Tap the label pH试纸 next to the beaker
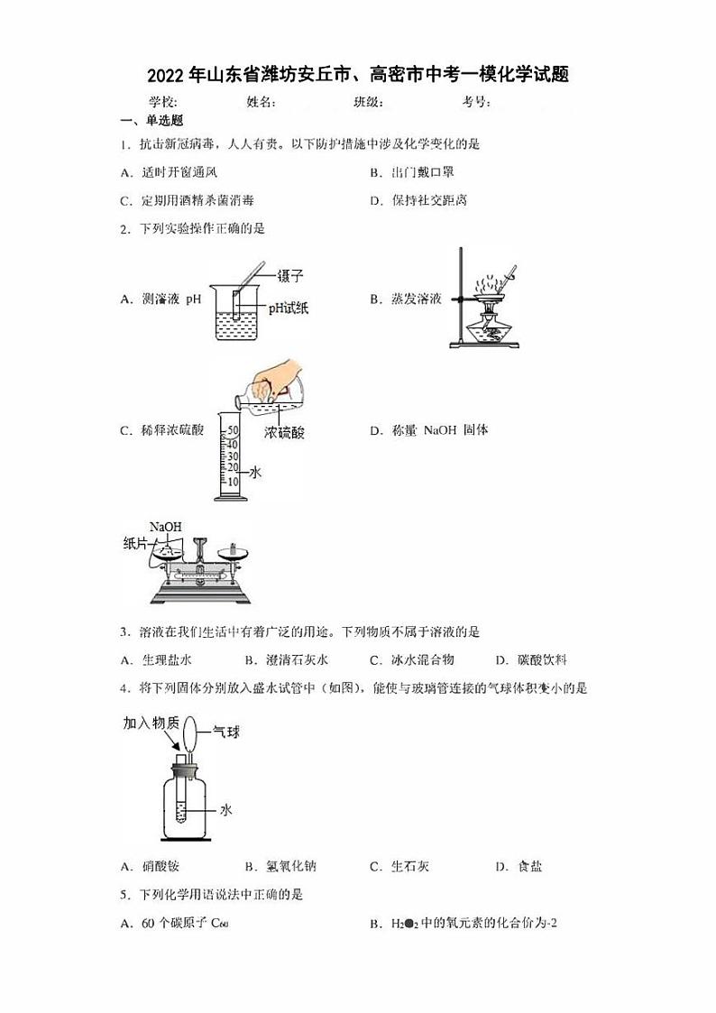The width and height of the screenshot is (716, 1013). [x=288, y=309]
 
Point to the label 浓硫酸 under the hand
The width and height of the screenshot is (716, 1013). [x=285, y=433]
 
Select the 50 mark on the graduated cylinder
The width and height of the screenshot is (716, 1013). [x=232, y=430]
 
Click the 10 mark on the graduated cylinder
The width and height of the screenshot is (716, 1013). [x=232, y=481]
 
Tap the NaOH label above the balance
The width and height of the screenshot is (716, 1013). [x=165, y=527]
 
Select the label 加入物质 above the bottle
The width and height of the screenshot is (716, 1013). [x=151, y=723]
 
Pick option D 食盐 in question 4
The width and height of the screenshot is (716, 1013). [x=519, y=867]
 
